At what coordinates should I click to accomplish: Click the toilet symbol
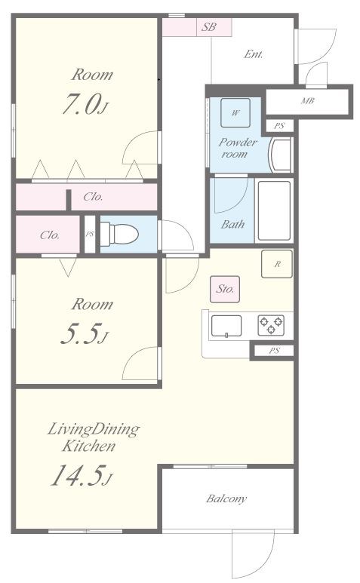119,235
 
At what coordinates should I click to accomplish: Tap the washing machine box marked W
235,112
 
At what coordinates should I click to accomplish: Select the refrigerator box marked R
277,264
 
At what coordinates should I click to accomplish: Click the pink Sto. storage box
225,289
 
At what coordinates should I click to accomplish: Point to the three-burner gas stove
271,324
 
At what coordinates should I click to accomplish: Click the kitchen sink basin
226,326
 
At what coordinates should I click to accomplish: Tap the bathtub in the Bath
274,210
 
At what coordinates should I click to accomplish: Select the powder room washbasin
281,155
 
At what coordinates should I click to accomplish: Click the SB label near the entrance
208,27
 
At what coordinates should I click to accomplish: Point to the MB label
308,100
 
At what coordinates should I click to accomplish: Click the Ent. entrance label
254,54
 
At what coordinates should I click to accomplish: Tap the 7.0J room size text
85,104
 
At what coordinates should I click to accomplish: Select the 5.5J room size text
84,333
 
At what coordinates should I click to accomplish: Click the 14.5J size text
82,476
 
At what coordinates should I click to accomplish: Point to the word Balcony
226,499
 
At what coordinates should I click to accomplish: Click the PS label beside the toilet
90,235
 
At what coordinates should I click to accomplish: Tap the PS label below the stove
275,351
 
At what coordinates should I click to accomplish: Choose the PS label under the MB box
279,126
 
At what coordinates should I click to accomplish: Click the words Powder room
237,148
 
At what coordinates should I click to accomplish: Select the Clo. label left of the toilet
50,235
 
